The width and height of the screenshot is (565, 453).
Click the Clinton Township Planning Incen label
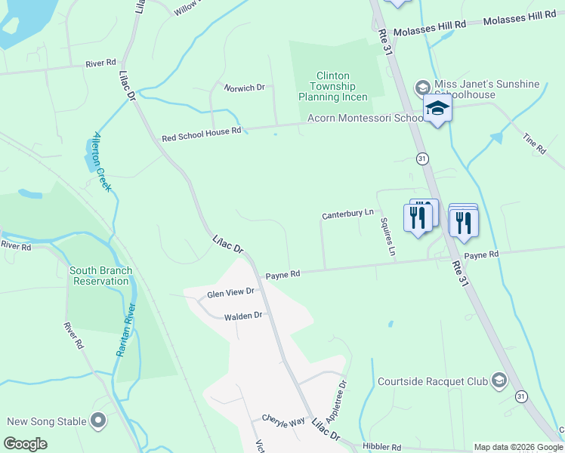click(332, 87)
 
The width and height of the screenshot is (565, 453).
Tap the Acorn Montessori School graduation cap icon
click(437, 110)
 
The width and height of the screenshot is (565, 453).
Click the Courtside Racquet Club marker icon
click(499, 381)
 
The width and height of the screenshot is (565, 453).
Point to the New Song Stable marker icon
click(98, 421)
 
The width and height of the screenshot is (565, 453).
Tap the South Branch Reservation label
click(100, 276)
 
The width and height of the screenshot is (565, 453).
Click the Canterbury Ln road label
click(348, 214)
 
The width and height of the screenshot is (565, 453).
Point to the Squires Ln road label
click(387, 236)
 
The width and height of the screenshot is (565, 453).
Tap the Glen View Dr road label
click(230, 292)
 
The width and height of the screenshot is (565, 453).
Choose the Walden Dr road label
click(242, 316)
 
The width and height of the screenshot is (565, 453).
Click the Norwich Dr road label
click(244, 88)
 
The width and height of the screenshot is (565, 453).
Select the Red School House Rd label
click(201, 134)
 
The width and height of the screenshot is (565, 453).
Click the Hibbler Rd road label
click(381, 448)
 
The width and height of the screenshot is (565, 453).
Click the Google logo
click(26, 444)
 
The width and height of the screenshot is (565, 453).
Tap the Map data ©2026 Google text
click(517, 447)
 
